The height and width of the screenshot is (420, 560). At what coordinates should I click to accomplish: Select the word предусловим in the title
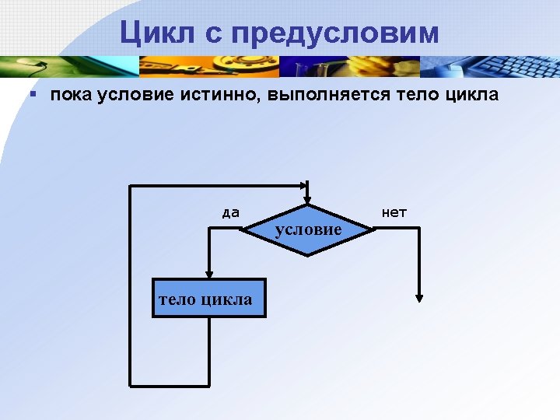point(334,33)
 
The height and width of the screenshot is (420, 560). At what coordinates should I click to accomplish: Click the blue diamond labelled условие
point(308,229)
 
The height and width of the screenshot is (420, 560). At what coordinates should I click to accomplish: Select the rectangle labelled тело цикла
point(209,298)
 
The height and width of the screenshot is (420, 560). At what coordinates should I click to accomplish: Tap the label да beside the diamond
point(230,212)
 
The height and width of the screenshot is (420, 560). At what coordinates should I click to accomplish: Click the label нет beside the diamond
point(394,212)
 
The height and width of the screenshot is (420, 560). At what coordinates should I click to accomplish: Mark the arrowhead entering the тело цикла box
point(208,273)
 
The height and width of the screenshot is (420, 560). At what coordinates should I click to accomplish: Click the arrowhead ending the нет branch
point(419,296)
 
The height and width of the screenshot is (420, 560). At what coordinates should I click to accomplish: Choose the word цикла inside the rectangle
point(229,299)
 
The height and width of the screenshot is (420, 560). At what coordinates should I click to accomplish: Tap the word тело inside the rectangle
point(178,299)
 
